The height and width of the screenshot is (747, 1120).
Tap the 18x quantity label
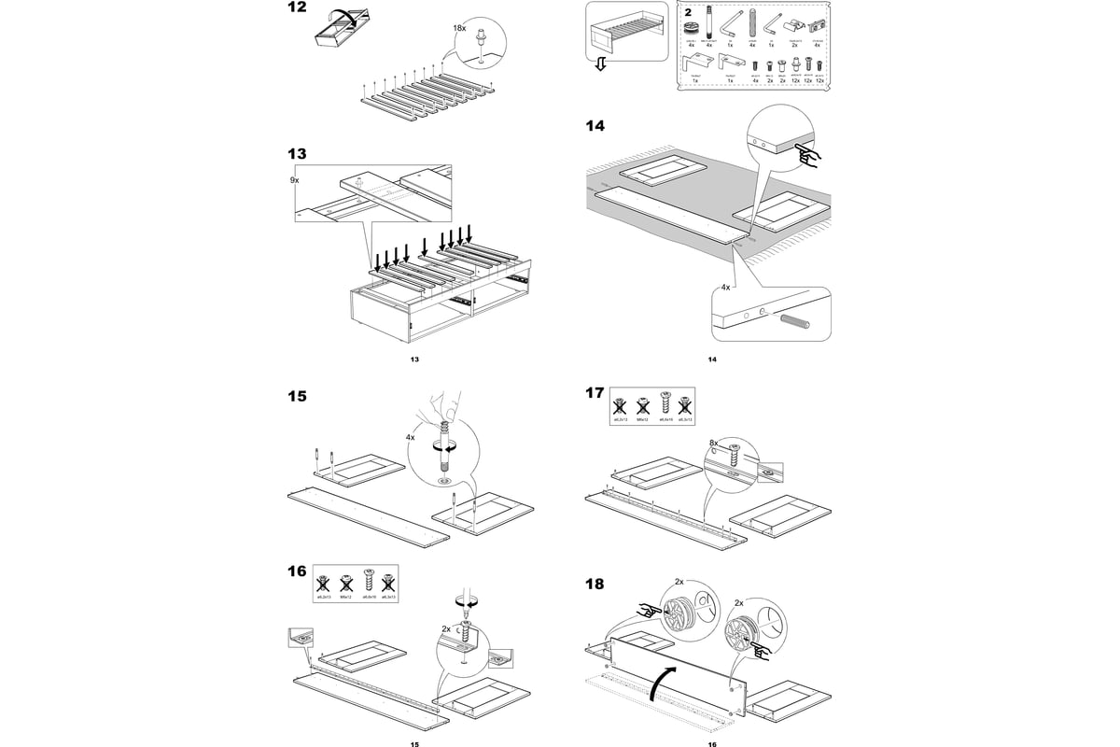[459, 29]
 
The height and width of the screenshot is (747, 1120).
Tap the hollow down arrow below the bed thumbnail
[601, 63]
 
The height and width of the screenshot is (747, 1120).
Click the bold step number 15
[296, 396]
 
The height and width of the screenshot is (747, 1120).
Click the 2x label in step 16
[446, 629]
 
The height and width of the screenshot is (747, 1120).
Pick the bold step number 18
[595, 584]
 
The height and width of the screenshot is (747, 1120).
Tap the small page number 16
[711, 744]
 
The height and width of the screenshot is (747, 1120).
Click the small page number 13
[414, 359]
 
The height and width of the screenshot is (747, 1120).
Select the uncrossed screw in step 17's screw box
[665, 404]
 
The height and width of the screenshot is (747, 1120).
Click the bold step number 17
[595, 392]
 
